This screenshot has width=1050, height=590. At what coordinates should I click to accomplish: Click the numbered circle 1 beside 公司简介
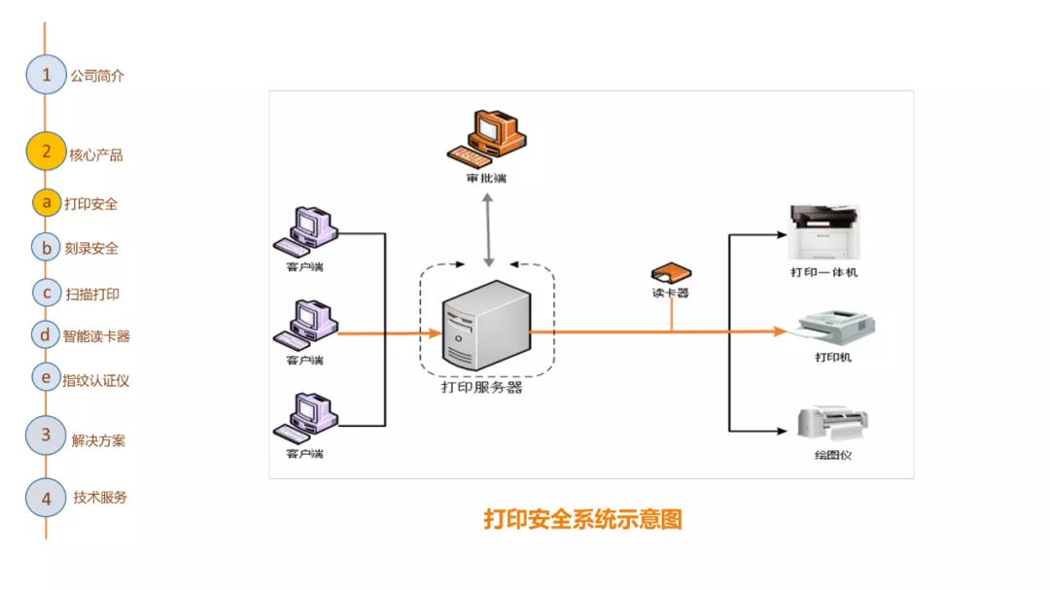tap(46, 75)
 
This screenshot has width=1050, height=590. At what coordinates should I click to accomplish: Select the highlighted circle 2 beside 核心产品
tap(46, 152)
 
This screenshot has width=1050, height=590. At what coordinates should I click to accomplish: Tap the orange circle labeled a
tap(46, 202)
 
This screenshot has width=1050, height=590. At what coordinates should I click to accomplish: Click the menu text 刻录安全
tap(91, 248)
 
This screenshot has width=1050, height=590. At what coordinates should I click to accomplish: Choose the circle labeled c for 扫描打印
tap(46, 292)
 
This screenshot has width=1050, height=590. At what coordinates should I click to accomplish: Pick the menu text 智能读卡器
tap(96, 336)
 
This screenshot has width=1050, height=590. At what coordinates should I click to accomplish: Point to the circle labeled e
tap(46, 377)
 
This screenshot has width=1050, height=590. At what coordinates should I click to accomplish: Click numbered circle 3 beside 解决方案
tap(46, 435)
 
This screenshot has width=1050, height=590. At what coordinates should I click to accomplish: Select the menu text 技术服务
tap(100, 497)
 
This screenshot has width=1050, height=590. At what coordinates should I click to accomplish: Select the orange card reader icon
tap(670, 272)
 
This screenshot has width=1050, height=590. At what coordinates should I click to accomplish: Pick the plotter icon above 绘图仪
tap(832, 424)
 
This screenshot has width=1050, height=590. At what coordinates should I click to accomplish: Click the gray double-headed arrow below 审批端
tap(488, 229)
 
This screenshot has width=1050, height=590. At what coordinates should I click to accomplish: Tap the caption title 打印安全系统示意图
tap(583, 519)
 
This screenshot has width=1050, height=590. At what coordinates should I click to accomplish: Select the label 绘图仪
tap(832, 454)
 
